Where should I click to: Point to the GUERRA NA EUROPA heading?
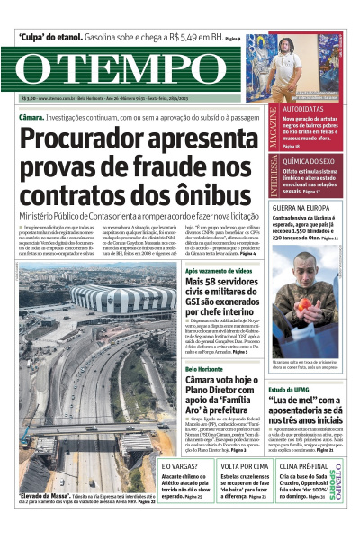click(307, 208)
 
